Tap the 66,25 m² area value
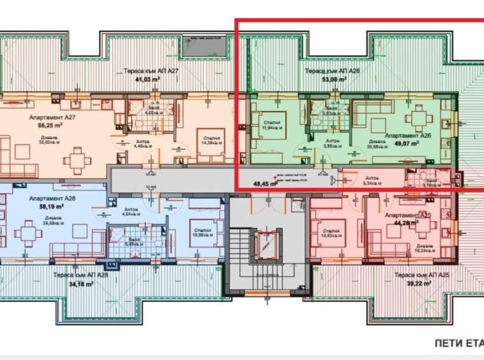tap(45, 126)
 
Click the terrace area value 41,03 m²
tap(142, 79)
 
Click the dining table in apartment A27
tap(78, 160)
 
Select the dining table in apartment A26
tap(418, 119)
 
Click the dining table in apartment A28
tap(27, 234)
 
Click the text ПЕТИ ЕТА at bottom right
tap(458, 343)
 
